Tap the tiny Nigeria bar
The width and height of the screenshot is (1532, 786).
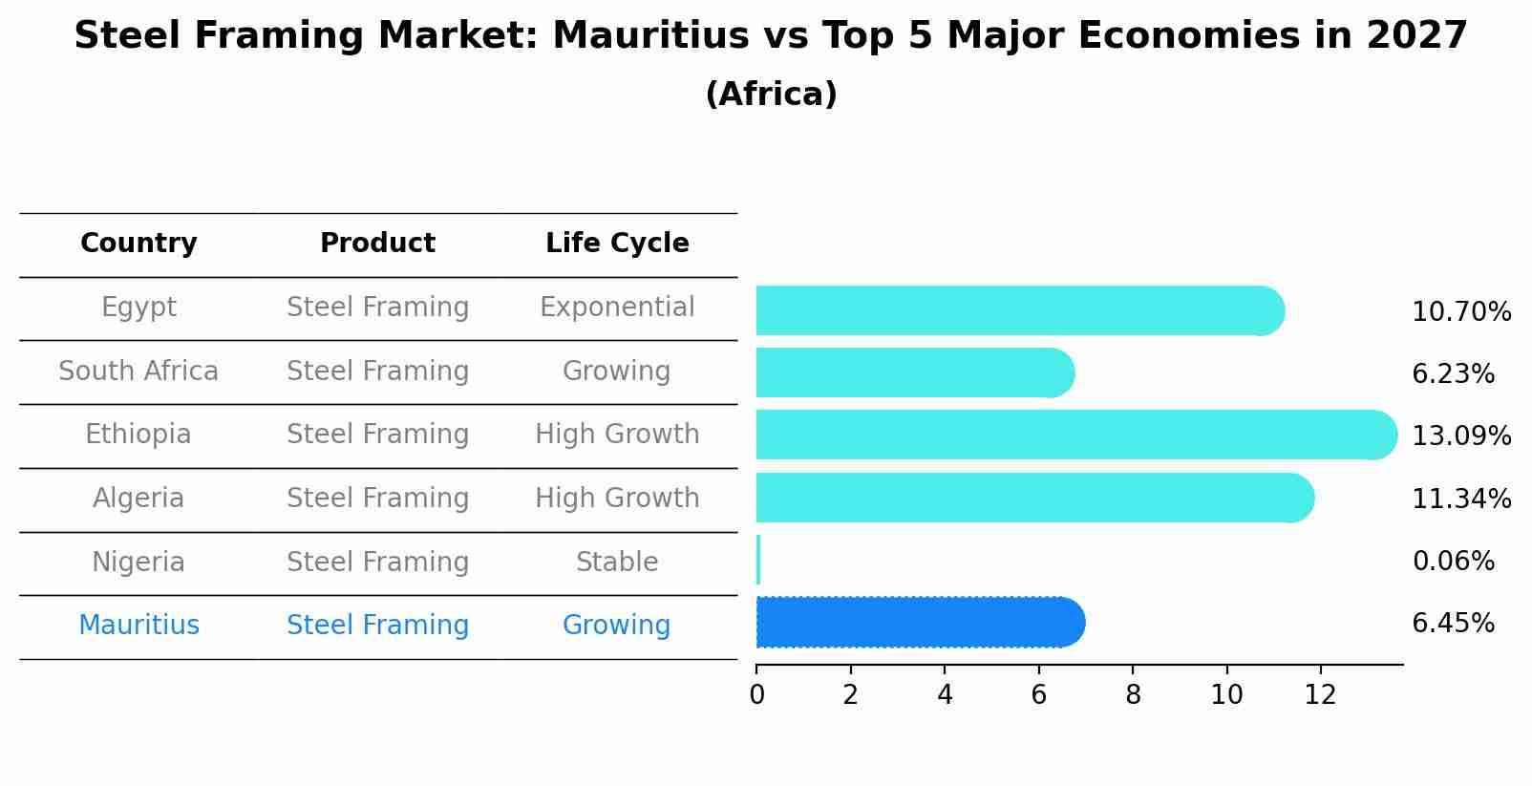coord(758,560)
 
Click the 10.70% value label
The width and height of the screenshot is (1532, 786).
coord(1460,312)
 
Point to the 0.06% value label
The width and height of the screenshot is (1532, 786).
coord(1453,562)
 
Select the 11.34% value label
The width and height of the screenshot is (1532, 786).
coord(1460,499)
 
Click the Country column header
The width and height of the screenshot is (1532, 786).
coord(138,244)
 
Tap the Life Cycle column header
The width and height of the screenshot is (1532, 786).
coord(617,244)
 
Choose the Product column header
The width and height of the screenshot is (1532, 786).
coord(377,244)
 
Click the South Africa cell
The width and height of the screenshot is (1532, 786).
coord(138,371)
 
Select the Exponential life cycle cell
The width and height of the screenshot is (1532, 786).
coord(617,308)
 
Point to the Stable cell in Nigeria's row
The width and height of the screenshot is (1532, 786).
coord(617,562)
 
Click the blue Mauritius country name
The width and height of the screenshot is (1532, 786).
coord(138,626)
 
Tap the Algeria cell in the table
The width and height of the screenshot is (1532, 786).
coord(138,499)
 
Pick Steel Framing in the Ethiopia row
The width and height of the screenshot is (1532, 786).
coord(377,435)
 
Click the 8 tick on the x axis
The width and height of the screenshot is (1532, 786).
coord(1133,695)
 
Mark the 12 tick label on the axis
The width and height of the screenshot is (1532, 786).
coord(1320,695)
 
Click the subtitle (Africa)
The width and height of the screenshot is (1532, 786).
coord(771,95)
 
